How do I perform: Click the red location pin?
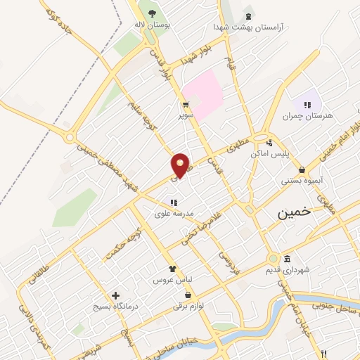pyautogui.click(x=181, y=165)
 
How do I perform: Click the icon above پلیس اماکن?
pyautogui.click(x=269, y=143)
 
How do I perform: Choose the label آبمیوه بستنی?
pyautogui.click(x=302, y=180)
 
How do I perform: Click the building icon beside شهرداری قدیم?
pyautogui.click(x=288, y=259)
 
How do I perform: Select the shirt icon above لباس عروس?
pyautogui.click(x=173, y=268)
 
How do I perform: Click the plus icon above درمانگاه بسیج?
pyautogui.click(x=115, y=296)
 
